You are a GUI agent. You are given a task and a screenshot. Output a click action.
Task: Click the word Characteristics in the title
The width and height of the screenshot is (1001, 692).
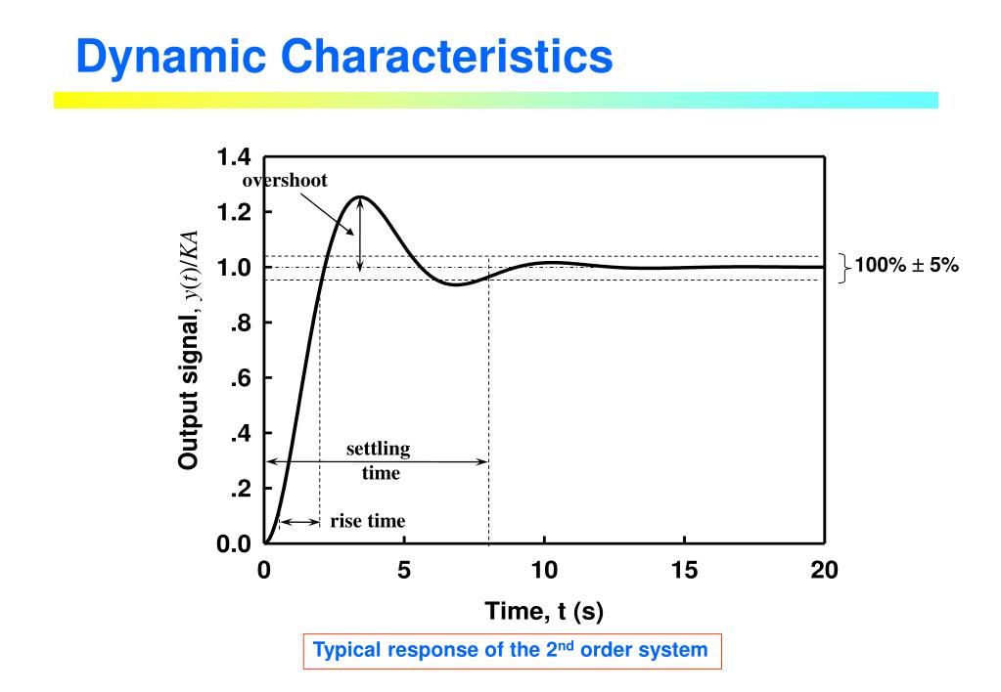441,57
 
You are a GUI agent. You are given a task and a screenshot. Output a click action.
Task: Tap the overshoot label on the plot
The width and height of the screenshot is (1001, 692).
286,180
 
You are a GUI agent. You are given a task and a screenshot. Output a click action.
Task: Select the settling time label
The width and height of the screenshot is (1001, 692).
379,461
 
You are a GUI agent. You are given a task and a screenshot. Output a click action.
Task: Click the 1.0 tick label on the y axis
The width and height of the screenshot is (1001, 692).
236,267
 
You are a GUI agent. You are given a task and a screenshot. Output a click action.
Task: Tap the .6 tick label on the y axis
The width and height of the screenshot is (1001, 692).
241,378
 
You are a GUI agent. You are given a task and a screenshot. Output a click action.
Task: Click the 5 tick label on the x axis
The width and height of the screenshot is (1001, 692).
404,570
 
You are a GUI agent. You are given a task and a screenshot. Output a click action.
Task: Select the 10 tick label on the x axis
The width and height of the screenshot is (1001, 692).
544,570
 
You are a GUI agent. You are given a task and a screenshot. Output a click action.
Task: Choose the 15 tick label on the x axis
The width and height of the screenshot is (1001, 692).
684,570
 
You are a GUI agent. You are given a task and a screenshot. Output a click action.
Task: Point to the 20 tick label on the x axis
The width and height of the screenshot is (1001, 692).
824,570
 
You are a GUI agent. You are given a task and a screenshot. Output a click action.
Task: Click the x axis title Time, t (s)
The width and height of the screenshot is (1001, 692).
544,613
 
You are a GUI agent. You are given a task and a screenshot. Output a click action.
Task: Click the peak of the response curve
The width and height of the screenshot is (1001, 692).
360,196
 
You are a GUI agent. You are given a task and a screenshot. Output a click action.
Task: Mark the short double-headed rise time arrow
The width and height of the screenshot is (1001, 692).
299,523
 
